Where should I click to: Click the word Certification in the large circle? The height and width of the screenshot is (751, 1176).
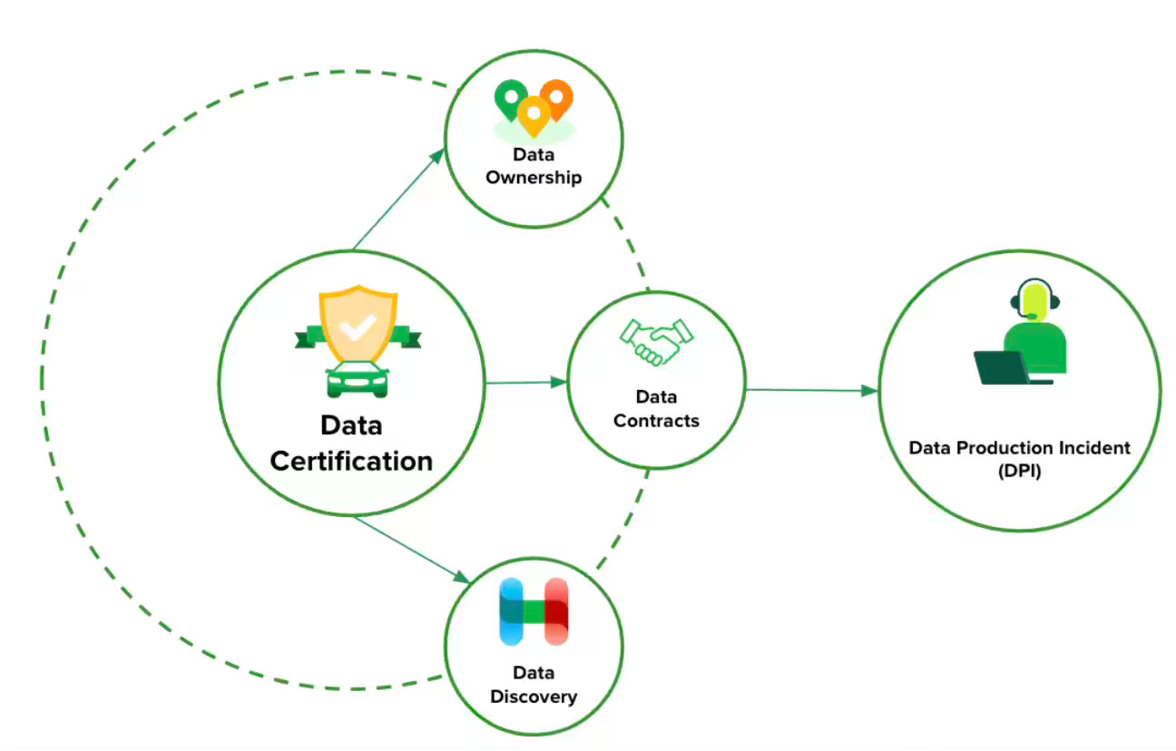tap(352, 461)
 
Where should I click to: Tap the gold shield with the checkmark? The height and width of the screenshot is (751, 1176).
tap(358, 326)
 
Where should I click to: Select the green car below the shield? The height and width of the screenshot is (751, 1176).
tap(357, 379)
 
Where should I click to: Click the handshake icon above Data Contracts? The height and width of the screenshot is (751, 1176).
tap(655, 343)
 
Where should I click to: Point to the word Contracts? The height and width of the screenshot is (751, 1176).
tap(656, 421)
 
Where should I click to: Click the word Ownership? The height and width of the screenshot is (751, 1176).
tap(534, 177)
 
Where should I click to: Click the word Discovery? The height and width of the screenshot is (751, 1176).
tap(534, 697)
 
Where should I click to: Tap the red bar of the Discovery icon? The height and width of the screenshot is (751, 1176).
tap(555, 611)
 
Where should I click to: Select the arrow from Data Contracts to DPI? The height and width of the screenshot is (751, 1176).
tap(811, 390)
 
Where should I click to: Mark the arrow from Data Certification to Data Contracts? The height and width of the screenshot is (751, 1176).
tap(526, 383)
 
